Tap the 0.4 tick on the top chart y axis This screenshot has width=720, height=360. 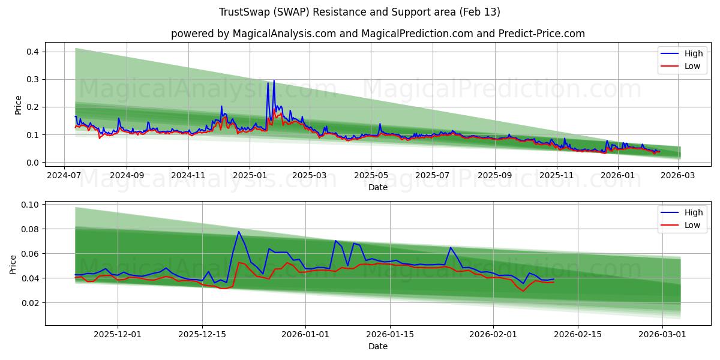coord(32,52)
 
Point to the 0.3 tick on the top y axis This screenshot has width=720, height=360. coord(32,79)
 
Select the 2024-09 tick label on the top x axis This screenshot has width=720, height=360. coord(127,175)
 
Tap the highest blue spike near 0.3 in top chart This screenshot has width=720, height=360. coord(274,80)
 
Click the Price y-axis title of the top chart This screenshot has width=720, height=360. coord(18,105)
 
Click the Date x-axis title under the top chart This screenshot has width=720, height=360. coord(377,187)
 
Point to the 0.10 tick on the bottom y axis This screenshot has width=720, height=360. coord(30,205)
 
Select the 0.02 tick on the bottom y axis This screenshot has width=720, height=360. coord(30,303)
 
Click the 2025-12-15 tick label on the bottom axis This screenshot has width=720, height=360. coord(202,334)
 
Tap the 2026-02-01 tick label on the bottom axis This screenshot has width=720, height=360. coord(493,334)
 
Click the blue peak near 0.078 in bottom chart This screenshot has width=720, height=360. coord(239,232)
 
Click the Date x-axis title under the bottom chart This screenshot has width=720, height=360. coord(377,346)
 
